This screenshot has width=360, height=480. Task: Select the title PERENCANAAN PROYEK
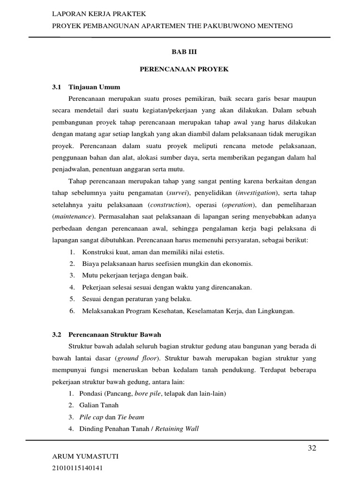point(184,69)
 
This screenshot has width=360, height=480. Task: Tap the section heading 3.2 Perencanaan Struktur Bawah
point(106,335)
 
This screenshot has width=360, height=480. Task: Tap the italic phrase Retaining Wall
point(177,429)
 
